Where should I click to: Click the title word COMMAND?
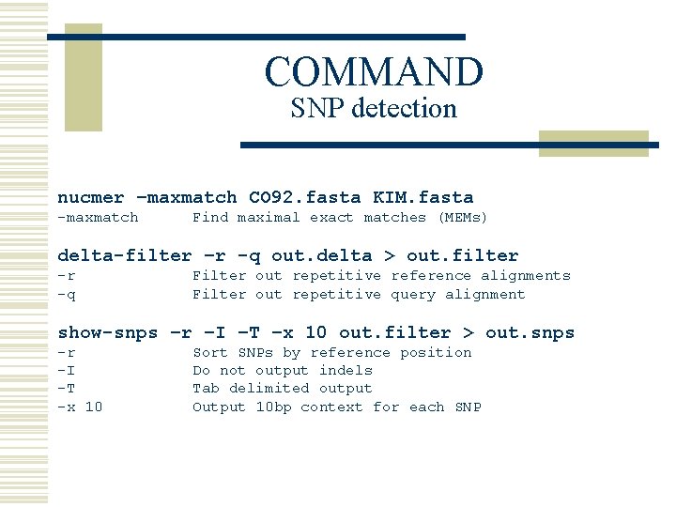374,71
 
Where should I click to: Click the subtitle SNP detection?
374,109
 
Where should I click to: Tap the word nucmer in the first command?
90,197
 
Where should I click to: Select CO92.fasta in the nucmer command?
304,197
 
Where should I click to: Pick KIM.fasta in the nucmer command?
422,197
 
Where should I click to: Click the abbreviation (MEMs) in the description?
463,218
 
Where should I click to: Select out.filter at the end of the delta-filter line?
464,255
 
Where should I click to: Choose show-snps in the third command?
107,332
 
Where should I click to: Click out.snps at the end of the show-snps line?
530,332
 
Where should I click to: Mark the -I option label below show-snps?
67,371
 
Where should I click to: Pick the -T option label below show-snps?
67,389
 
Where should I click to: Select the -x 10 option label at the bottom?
81,407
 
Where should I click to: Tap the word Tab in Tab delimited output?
206,389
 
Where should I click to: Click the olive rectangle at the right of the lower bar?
593,143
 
